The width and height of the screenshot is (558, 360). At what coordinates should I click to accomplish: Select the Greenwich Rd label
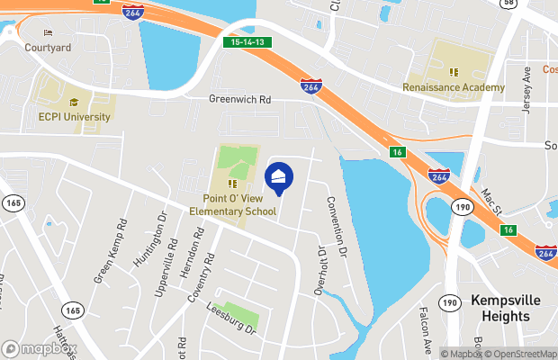(239, 100)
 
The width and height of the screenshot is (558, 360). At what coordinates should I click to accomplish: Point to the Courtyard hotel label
(47, 47)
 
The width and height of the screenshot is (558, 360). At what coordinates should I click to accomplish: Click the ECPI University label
(75, 116)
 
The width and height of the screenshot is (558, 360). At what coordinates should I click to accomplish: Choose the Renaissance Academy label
(454, 88)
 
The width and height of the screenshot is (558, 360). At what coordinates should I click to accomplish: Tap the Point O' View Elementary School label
(233, 204)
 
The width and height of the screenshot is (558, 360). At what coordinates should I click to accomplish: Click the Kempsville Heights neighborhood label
(507, 311)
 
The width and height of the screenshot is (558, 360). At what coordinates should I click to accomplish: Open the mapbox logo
(40, 349)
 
